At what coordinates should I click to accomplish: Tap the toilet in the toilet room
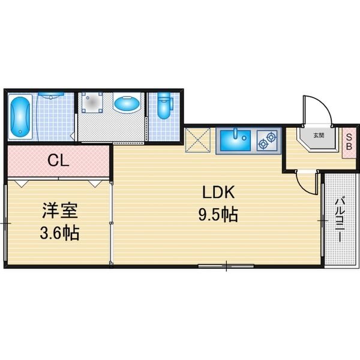coord(164,106)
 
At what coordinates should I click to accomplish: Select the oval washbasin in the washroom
coord(127,103)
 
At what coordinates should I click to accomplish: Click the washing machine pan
coord(92,103)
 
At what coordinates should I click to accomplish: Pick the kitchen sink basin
coord(235,140)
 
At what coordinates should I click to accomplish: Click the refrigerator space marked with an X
coord(197,140)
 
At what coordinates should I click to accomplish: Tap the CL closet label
coord(58,160)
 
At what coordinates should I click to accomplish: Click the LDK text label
coord(218,192)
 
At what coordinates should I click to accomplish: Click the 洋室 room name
coord(60,211)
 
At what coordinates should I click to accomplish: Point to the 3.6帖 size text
coord(59,233)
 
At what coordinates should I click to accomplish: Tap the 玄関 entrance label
coord(319,136)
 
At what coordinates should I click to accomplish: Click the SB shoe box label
coord(349,142)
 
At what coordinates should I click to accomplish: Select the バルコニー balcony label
coord(340,219)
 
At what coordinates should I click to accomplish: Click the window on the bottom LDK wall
coord(226,266)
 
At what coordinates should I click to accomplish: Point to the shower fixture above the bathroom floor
coord(51,95)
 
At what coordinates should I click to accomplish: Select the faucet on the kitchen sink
coord(235,134)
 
